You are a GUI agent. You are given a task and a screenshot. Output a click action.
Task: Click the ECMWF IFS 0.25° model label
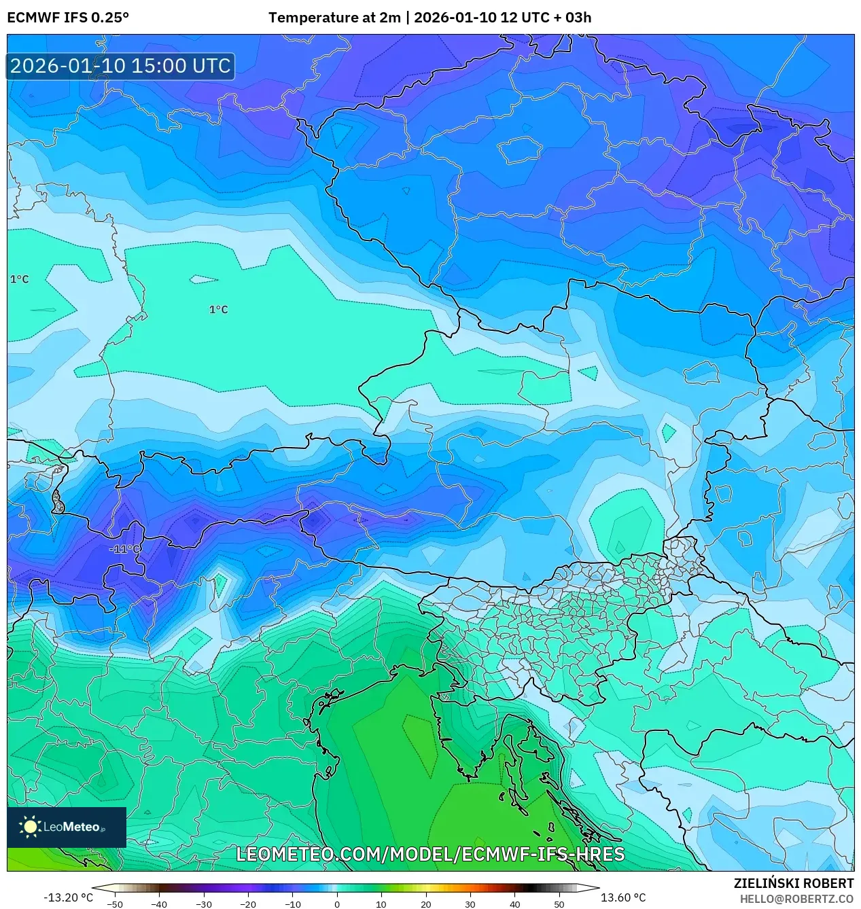[68, 18]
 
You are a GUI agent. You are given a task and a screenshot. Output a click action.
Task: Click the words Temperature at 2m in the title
[334, 18]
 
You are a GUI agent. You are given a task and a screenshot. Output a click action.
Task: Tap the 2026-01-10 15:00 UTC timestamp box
[120, 66]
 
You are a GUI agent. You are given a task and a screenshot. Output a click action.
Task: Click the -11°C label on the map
[125, 549]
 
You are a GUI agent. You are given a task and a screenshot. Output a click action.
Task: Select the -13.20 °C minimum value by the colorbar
[68, 897]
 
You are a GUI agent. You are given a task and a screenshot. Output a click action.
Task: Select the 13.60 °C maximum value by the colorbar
[623, 897]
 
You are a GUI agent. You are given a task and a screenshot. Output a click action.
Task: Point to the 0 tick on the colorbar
[337, 904]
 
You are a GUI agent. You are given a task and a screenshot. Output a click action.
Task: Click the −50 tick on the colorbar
[115, 904]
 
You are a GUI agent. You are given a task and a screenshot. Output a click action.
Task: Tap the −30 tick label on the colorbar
[204, 904]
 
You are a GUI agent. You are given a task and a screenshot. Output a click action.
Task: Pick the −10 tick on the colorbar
[292, 904]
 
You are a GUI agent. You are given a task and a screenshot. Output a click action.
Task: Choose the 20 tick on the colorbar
[426, 904]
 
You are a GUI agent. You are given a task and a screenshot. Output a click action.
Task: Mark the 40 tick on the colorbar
[514, 904]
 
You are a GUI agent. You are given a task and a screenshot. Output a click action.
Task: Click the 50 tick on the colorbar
[559, 904]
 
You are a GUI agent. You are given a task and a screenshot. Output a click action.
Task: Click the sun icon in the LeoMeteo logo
[30, 826]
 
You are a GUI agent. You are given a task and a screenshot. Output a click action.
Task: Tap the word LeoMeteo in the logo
[71, 827]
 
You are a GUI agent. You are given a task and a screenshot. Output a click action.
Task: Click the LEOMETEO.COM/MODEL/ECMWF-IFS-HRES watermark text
[430, 854]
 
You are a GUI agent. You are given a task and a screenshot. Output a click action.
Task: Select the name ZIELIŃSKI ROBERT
[793, 883]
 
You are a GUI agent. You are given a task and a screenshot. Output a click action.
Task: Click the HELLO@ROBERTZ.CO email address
[796, 899]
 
